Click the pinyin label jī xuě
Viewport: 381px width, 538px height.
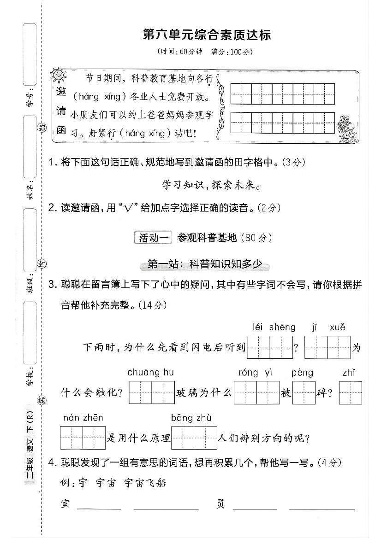(x=328, y=327)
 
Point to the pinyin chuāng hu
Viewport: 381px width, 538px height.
(x=151, y=372)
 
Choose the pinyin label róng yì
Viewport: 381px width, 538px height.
(x=256, y=372)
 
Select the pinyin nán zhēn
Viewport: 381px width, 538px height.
(x=83, y=417)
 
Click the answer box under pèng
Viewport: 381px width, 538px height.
(x=304, y=393)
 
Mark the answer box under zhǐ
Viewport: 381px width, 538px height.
(x=350, y=393)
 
